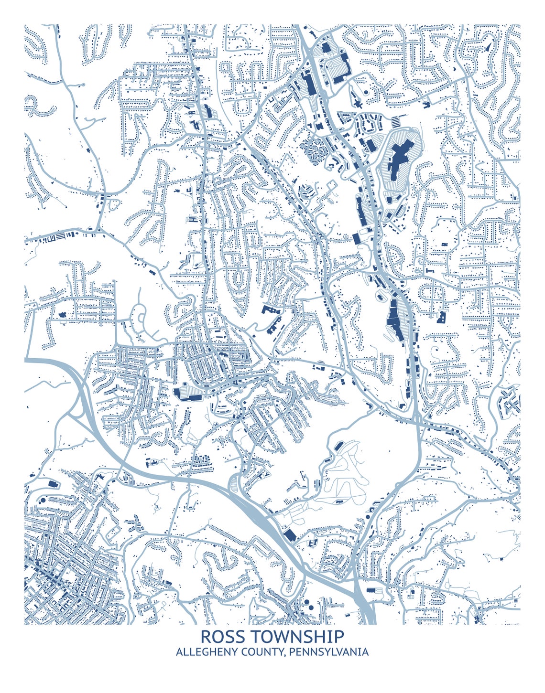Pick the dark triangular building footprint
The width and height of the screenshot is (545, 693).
[x=489, y=47]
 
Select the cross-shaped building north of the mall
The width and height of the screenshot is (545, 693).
[x=357, y=103]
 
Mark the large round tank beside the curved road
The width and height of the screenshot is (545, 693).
[x=43, y=500]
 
